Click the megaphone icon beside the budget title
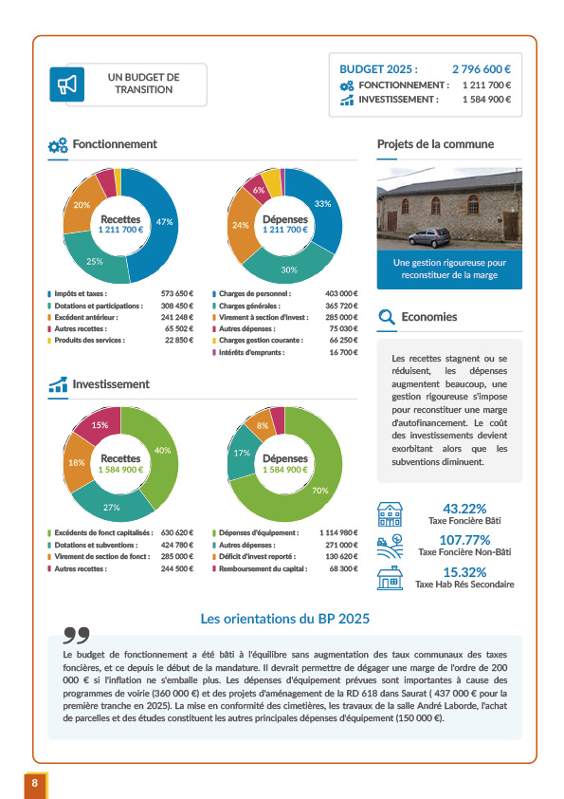point(66,84)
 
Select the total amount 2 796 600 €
point(481,69)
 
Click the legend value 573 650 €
point(177,294)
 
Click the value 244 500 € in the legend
point(177,569)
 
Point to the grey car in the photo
point(429,237)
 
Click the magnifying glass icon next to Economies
point(387,317)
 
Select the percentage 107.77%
point(464,540)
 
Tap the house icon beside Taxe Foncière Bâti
point(390,514)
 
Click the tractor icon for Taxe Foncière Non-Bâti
point(390,547)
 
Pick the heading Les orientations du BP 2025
point(285,619)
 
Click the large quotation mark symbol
point(77,636)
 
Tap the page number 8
point(35,783)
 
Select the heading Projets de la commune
point(435,144)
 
